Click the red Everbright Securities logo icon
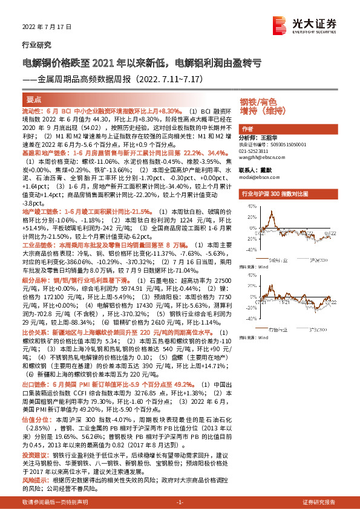click(280, 24)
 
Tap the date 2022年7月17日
click(38, 28)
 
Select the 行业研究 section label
click(34, 45)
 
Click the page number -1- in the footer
click(180, 502)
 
